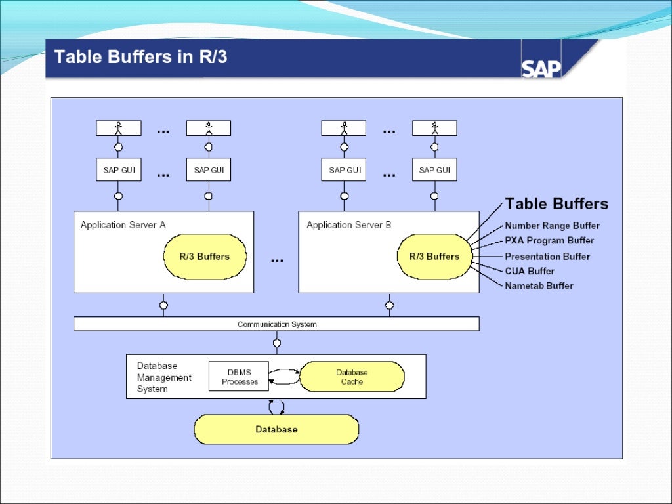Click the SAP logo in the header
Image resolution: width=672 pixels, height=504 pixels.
tap(542, 68)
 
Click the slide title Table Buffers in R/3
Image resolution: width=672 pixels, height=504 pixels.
tap(140, 57)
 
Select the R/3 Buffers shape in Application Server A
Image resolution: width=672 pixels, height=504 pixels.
tap(204, 256)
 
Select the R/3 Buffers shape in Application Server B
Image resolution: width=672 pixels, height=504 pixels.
tap(434, 256)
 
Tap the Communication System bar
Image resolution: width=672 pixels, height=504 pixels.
tap(276, 324)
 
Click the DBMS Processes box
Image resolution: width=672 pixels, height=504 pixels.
tap(240, 377)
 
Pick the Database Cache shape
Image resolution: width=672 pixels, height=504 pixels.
tap(352, 377)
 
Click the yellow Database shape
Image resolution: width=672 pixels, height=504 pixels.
tap(276, 429)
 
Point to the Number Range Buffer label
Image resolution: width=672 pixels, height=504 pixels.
tap(552, 226)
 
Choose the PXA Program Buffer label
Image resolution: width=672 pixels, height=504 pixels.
tap(549, 241)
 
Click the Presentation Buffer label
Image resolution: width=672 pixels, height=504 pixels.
tap(547, 257)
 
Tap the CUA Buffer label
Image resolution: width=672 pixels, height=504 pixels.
tap(530, 271)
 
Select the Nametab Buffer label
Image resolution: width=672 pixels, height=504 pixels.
tap(539, 286)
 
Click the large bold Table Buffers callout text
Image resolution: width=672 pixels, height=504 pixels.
tap(556, 204)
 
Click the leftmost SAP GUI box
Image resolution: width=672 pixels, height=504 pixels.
tap(119, 170)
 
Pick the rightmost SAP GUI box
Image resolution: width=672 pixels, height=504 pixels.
tap(434, 170)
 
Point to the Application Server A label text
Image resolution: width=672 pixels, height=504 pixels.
tap(123, 225)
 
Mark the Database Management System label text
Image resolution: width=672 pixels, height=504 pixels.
tap(164, 377)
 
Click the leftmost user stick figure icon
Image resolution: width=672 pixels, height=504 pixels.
tap(119, 127)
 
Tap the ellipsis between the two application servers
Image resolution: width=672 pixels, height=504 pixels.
tap(277, 260)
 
